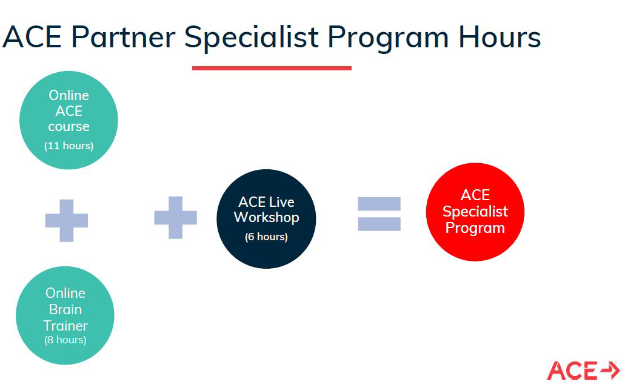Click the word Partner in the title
[x=123, y=37]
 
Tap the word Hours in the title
[x=500, y=37]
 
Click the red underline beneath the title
[x=272, y=68]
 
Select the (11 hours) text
[x=69, y=146]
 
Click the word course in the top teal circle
[x=69, y=127]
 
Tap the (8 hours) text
[x=65, y=340]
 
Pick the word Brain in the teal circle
[x=65, y=309]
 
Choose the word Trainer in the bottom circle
[x=65, y=326]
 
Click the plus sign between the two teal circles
[x=67, y=220]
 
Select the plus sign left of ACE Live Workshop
[x=175, y=217]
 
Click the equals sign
[x=379, y=214]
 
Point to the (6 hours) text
[x=266, y=237]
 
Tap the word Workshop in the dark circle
[x=266, y=218]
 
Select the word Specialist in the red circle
[x=475, y=212]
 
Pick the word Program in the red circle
[x=475, y=229]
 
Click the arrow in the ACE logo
[x=610, y=369]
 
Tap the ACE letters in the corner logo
[x=572, y=371]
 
